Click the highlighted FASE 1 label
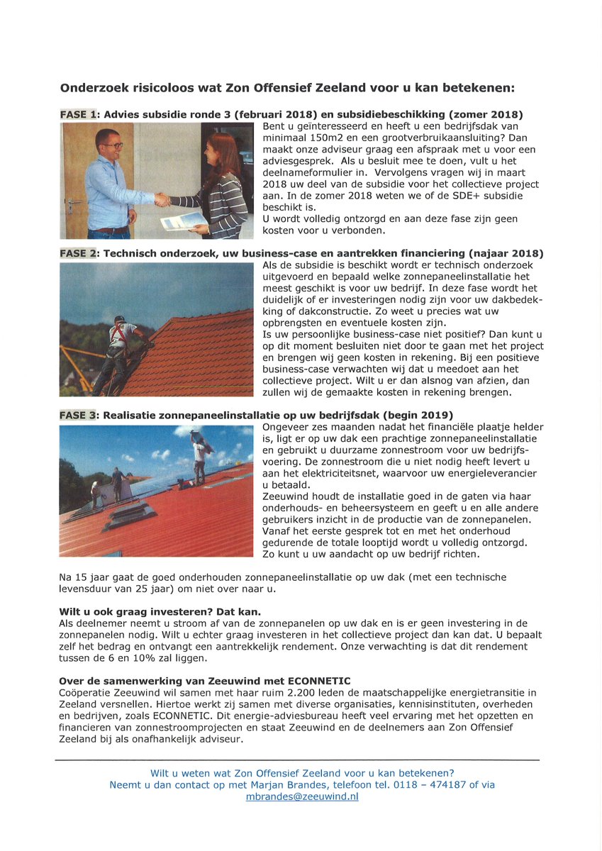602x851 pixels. pos(79,115)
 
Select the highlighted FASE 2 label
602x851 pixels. pos(79,254)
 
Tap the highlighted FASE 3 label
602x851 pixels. pos(79,415)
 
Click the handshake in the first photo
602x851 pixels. pos(163,200)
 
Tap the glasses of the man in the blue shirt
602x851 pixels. pos(111,145)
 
